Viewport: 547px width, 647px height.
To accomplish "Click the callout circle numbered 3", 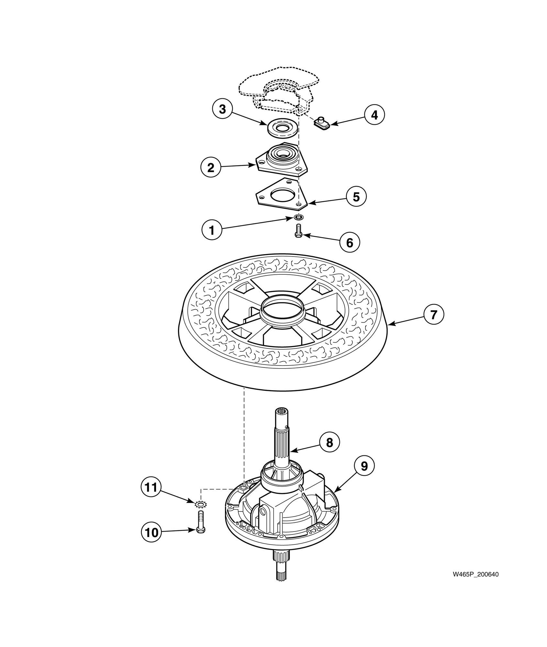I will click(x=222, y=109).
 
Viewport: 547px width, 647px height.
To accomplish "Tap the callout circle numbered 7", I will click(x=434, y=314).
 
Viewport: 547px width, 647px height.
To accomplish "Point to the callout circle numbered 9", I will click(x=364, y=466).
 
